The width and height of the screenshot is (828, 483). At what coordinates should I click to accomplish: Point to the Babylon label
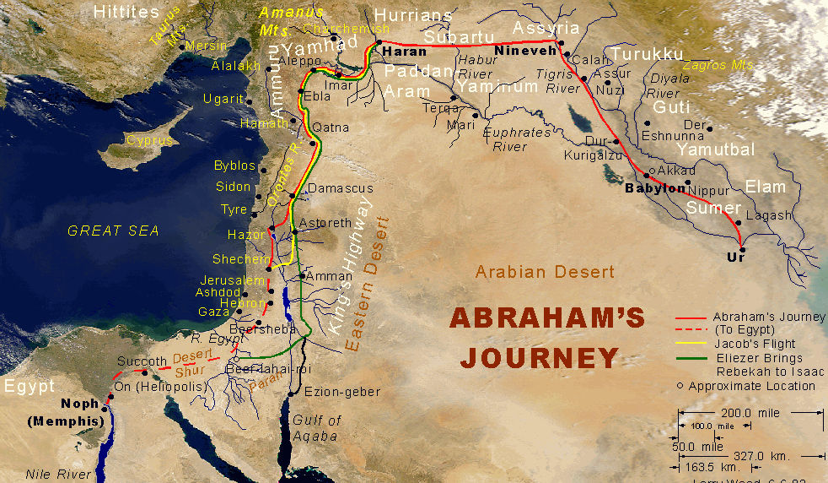click(654, 188)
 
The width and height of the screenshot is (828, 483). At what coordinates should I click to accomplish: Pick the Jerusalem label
click(233, 280)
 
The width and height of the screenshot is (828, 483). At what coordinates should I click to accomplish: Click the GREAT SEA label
click(113, 231)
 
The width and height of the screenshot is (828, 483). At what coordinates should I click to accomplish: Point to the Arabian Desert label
click(545, 272)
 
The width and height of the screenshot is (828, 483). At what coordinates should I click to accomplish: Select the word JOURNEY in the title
click(540, 358)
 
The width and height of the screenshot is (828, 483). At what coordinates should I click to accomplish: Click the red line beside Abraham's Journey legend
click(691, 317)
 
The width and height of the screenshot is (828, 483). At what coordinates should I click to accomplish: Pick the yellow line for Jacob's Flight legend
click(691, 343)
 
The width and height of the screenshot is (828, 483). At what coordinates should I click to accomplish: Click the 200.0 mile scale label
click(750, 413)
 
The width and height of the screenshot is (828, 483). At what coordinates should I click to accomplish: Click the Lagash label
click(769, 215)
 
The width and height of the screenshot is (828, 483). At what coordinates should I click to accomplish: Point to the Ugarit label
click(223, 100)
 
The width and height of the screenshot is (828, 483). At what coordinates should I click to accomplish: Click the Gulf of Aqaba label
click(316, 428)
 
